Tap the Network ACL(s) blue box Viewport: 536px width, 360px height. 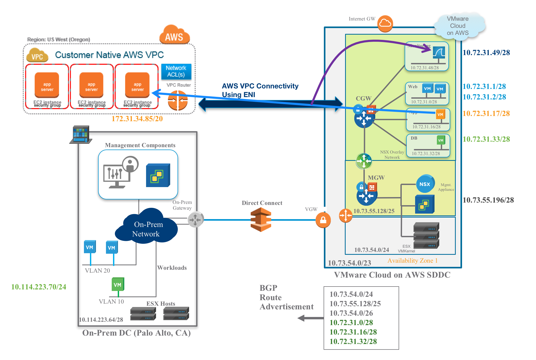176,71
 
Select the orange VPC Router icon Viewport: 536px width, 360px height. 178,100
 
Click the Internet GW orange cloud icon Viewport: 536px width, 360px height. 385,24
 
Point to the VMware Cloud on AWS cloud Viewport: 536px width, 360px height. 458,26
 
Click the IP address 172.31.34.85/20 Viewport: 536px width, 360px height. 137,119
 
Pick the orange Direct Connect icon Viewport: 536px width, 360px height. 261,220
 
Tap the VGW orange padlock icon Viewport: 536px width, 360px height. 323,220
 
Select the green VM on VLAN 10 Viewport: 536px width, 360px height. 118,284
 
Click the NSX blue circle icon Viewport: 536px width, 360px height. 425,184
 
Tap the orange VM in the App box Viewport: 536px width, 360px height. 440,114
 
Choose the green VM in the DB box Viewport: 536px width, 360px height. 441,140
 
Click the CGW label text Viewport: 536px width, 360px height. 363,98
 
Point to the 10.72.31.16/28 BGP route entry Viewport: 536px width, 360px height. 353,332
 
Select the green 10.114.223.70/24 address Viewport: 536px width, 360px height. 39,287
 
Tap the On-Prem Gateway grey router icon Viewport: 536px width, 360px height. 195,219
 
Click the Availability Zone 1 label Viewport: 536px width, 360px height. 412,261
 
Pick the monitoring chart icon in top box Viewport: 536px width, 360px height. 439,53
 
